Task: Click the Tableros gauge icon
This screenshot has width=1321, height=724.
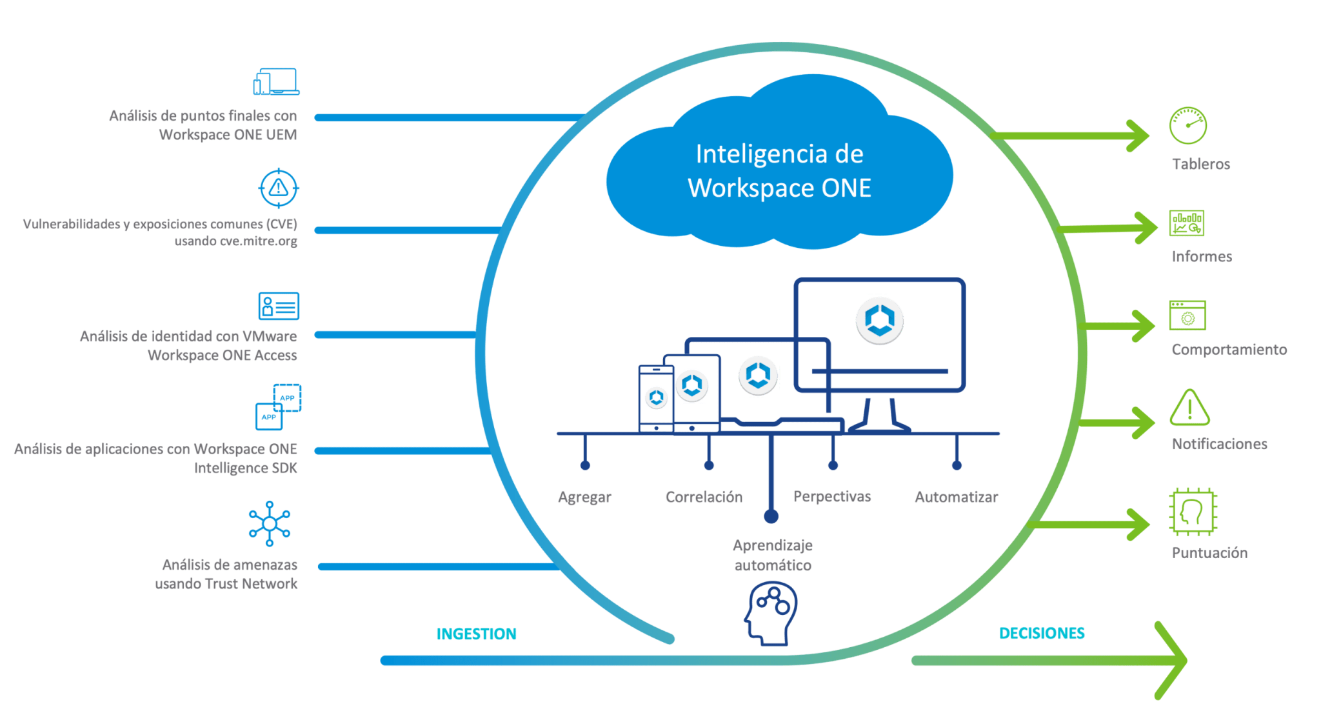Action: point(1187,125)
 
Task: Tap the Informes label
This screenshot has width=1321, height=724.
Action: point(1201,257)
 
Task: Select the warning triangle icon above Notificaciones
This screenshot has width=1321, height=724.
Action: point(1189,408)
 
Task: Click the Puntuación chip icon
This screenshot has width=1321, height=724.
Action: point(1193,512)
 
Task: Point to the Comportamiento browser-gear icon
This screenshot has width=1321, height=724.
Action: point(1187,316)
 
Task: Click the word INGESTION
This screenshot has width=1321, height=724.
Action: point(476,634)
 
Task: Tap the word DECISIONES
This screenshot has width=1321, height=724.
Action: point(1042,634)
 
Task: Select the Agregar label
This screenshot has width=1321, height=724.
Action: point(584,498)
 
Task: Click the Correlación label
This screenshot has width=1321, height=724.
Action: point(704,498)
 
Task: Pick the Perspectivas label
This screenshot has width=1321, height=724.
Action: point(831,496)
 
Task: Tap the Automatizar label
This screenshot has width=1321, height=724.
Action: point(956,498)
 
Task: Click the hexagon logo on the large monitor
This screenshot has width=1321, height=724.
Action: point(880,320)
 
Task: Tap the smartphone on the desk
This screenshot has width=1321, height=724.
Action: point(656,398)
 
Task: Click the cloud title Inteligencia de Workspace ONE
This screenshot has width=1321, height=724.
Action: point(779,171)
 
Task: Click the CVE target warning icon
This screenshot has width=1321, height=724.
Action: point(279,188)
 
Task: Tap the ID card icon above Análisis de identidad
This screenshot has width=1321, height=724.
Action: point(279,306)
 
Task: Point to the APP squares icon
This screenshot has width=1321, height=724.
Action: point(278,407)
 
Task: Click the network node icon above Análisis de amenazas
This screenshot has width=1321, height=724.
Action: point(270,523)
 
